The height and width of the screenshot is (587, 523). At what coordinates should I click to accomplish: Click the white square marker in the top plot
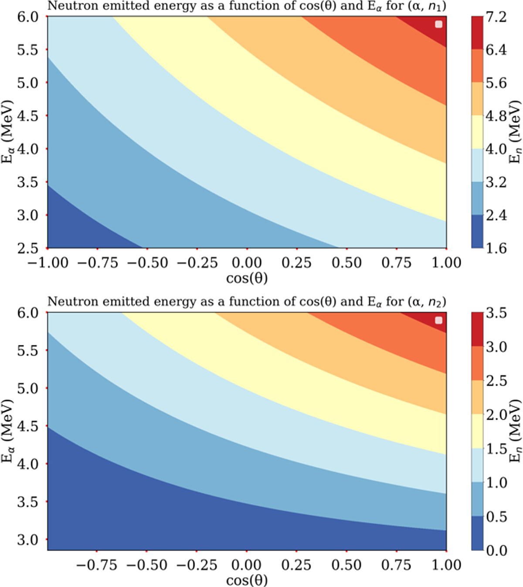pyautogui.click(x=438, y=24)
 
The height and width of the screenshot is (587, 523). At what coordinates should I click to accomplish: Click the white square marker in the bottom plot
pyautogui.click(x=438, y=321)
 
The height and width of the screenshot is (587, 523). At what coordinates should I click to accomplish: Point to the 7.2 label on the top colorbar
pyautogui.click(x=496, y=17)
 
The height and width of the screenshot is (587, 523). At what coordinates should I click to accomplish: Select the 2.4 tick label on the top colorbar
pyautogui.click(x=496, y=215)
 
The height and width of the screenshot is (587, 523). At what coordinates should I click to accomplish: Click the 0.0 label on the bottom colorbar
pyautogui.click(x=496, y=551)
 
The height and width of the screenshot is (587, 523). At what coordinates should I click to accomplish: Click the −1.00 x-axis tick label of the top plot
pyautogui.click(x=48, y=263)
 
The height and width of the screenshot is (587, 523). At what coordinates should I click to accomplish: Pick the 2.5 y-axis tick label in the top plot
pyautogui.click(x=27, y=248)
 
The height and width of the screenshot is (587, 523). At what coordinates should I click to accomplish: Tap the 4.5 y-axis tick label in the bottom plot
pyautogui.click(x=27, y=426)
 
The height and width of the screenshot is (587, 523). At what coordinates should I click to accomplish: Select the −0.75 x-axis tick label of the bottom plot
pyautogui.click(x=97, y=565)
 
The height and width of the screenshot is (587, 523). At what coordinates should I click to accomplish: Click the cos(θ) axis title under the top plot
pyautogui.click(x=247, y=278)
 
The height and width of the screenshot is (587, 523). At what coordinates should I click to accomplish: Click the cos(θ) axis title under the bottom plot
pyautogui.click(x=247, y=580)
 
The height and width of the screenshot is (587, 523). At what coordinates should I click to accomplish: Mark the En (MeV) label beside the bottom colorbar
pyautogui.click(x=516, y=431)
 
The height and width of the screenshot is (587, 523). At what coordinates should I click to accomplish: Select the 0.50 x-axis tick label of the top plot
pyautogui.click(x=346, y=263)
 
